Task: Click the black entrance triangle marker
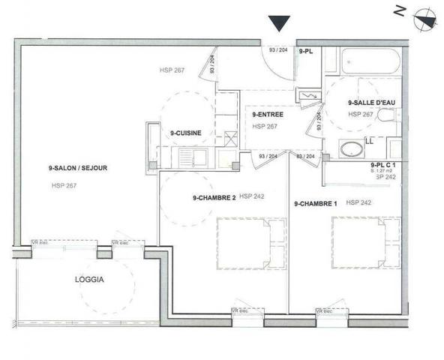pyautogui.click(x=279, y=23)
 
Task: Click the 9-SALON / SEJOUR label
pyautogui.click(x=73, y=169)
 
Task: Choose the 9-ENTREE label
pyautogui.click(x=267, y=114)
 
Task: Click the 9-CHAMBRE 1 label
pyautogui.click(x=316, y=202)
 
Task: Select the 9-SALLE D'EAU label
pyautogui.click(x=372, y=102)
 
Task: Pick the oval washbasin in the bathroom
pyautogui.click(x=351, y=148)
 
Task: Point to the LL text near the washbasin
pyautogui.click(x=369, y=140)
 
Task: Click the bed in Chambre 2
pyautogui.click(x=251, y=242)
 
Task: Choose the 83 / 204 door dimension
pyautogui.click(x=305, y=156)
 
